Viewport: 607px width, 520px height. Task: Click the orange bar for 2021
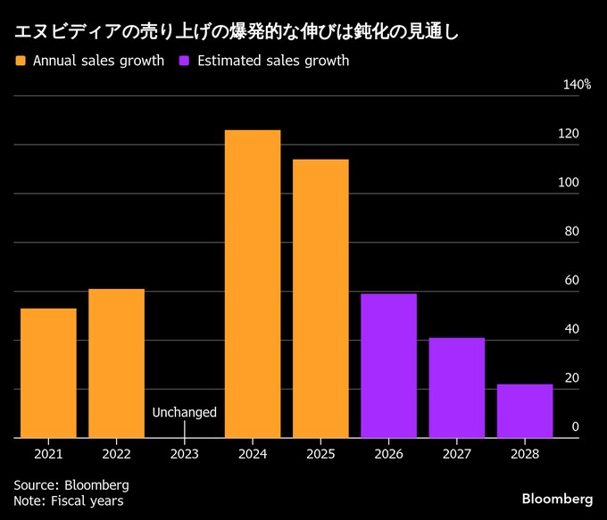click(x=48, y=373)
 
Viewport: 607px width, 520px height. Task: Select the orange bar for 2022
click(x=116, y=363)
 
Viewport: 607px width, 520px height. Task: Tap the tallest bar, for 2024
click(x=253, y=284)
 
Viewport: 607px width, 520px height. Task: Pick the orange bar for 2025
click(x=320, y=298)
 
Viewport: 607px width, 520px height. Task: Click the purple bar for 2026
click(x=388, y=366)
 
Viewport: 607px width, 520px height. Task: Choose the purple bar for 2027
click(x=456, y=387)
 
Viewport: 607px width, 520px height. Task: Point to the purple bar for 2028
click(x=525, y=410)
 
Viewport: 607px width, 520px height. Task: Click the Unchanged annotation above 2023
click(x=184, y=412)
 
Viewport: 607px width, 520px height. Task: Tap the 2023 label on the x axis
click(x=184, y=454)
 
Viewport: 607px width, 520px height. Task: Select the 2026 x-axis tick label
click(x=388, y=454)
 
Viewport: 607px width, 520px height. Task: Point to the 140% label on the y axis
click(x=577, y=85)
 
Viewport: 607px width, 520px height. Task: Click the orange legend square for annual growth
click(x=20, y=62)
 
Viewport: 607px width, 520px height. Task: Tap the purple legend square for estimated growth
click(x=184, y=62)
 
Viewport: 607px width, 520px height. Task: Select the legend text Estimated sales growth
click(x=273, y=62)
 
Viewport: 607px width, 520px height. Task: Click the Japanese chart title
click(x=236, y=33)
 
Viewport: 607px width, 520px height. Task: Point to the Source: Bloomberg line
click(x=71, y=484)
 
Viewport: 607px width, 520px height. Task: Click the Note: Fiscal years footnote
click(x=69, y=500)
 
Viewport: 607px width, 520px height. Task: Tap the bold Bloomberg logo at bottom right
click(x=557, y=497)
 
